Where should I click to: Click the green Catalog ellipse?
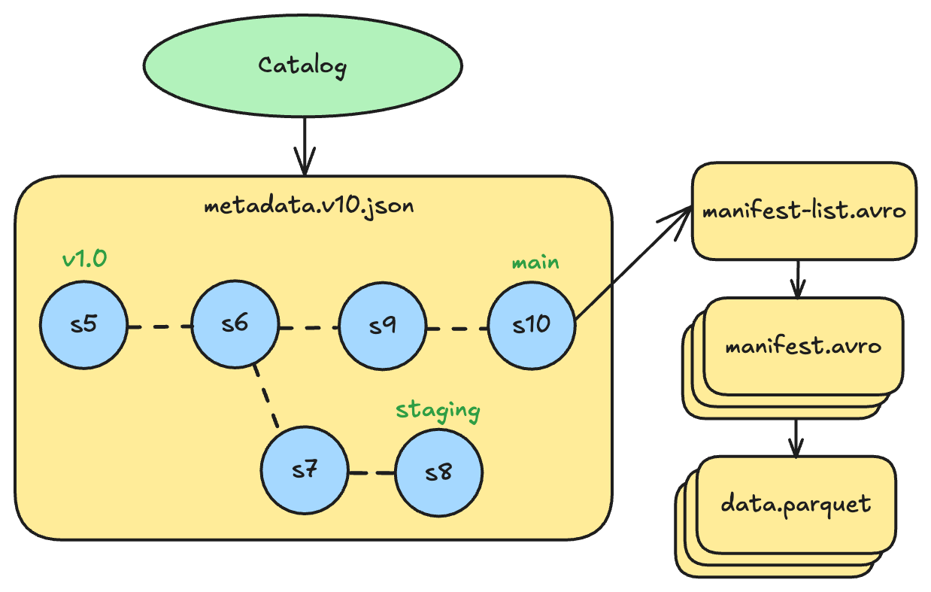pyautogui.click(x=302, y=65)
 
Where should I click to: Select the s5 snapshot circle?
pyautogui.click(x=84, y=326)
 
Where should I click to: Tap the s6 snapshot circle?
pyautogui.click(x=235, y=326)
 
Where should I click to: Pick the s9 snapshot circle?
pyautogui.click(x=382, y=326)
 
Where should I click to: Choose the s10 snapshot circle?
pyautogui.click(x=532, y=326)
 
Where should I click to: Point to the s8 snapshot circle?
pyautogui.click(x=439, y=473)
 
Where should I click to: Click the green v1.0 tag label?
pyautogui.click(x=84, y=260)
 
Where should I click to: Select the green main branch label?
pyautogui.click(x=535, y=263)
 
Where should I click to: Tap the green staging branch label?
pyautogui.click(x=438, y=411)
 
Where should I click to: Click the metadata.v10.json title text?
pyautogui.click(x=308, y=205)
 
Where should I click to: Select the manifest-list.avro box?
pyautogui.click(x=804, y=211)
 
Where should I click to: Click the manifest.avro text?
pyautogui.click(x=802, y=347)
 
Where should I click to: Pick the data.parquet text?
pyautogui.click(x=796, y=502)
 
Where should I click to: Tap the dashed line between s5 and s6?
pyautogui.click(x=159, y=327)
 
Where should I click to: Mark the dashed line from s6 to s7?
pyautogui.click(x=268, y=396)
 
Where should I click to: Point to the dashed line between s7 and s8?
pyautogui.click(x=372, y=473)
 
